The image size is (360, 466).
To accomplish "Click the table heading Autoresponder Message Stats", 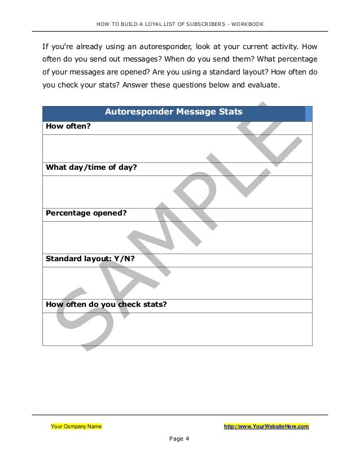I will click(x=174, y=113).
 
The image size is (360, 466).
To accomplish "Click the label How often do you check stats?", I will click(x=106, y=305).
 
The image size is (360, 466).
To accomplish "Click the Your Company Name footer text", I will click(x=76, y=427).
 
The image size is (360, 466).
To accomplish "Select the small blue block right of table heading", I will click(x=309, y=113).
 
